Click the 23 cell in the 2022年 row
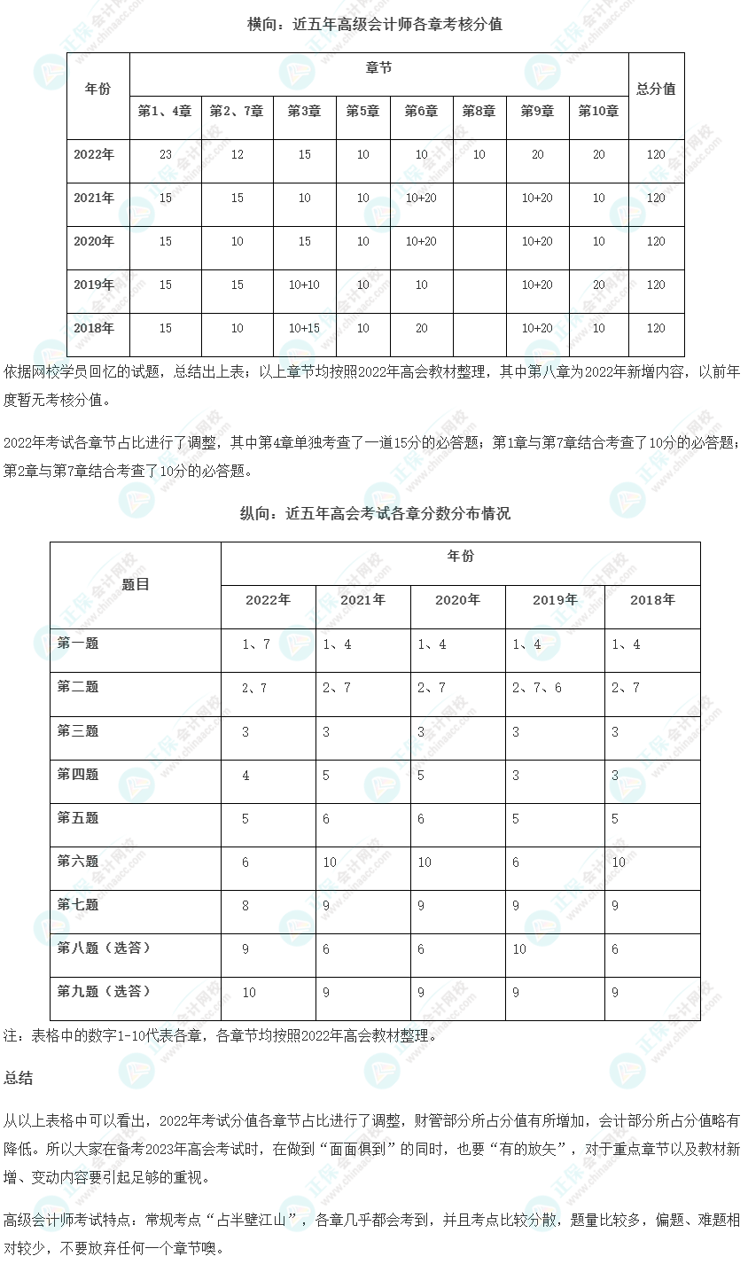[x=166, y=154]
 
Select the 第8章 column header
[x=479, y=111]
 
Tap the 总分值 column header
[x=656, y=89]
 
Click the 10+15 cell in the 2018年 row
[x=304, y=328]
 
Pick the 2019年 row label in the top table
[x=94, y=285]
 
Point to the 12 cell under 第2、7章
[x=237, y=154]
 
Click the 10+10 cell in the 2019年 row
[x=304, y=285]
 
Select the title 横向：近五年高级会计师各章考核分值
[x=374, y=25]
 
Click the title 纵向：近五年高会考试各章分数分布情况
[x=374, y=513]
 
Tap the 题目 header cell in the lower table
[x=136, y=584]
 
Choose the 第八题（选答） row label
[x=104, y=948]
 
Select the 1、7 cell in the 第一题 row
[x=256, y=644]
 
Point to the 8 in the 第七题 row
[x=245, y=906]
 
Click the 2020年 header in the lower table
[x=457, y=600]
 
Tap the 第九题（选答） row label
[x=104, y=992]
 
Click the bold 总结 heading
[x=19, y=1078]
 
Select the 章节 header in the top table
[x=378, y=68]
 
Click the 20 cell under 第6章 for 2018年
[x=421, y=328]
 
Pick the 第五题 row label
[x=78, y=818]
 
